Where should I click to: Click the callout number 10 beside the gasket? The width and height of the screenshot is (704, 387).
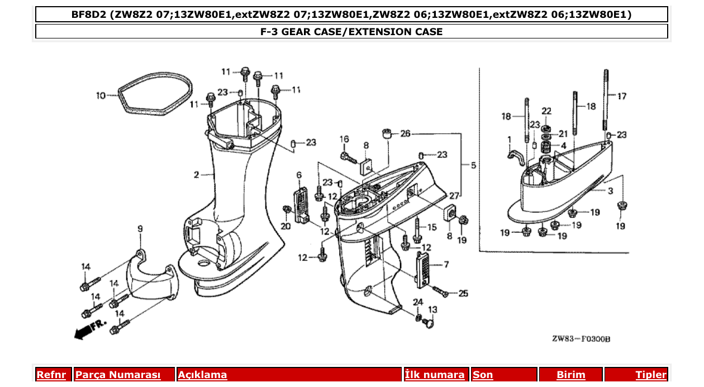pyautogui.click(x=101, y=96)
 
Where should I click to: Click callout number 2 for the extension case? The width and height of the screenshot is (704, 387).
pyautogui.click(x=197, y=175)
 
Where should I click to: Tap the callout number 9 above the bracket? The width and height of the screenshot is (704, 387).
pyautogui.click(x=140, y=229)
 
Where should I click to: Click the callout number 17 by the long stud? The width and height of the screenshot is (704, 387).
pyautogui.click(x=621, y=96)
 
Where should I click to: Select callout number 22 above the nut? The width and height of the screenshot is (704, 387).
pyautogui.click(x=546, y=111)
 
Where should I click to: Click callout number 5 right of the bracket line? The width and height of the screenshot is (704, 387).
pyautogui.click(x=473, y=166)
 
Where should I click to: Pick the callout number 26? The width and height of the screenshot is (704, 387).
pyautogui.click(x=405, y=134)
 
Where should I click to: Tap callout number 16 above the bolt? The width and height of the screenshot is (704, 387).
pyautogui.click(x=344, y=139)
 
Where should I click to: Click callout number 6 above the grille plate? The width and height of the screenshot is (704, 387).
pyautogui.click(x=299, y=175)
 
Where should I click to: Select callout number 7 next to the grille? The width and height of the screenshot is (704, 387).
pyautogui.click(x=446, y=264)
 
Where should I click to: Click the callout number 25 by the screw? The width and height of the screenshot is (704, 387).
pyautogui.click(x=463, y=293)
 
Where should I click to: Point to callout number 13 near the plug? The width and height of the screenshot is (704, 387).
pyautogui.click(x=432, y=309)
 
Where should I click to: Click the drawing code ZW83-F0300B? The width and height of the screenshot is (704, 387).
pyautogui.click(x=581, y=339)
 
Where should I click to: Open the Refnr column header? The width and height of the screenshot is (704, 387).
pyautogui.click(x=54, y=375)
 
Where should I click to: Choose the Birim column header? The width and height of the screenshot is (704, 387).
pyautogui.click(x=570, y=375)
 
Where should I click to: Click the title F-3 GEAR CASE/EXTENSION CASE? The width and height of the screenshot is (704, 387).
pyautogui.click(x=351, y=32)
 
